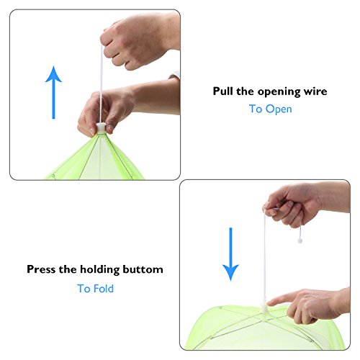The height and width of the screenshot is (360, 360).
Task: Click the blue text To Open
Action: point(270,109)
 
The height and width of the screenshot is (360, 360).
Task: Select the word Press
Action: point(42,269)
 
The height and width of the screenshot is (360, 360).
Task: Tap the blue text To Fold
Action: point(95,288)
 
